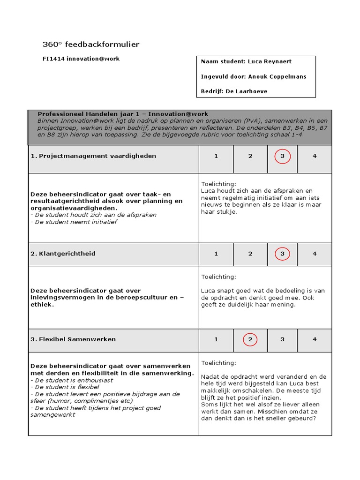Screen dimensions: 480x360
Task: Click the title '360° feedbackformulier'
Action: tap(91, 45)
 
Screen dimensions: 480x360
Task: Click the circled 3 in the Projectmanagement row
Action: tap(282, 156)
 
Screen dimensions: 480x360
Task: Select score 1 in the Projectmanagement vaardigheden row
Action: tap(216, 156)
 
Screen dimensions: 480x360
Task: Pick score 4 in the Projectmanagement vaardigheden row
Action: tap(315, 156)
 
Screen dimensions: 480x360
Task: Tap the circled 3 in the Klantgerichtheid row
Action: tap(282, 254)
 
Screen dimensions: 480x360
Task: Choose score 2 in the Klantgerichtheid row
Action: tap(250, 254)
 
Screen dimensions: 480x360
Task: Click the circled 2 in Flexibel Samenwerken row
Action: tap(250, 339)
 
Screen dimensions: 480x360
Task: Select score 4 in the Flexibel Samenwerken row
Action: tap(315, 339)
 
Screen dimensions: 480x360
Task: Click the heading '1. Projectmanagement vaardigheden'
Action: tap(93, 156)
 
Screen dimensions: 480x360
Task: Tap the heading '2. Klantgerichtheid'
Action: tap(63, 254)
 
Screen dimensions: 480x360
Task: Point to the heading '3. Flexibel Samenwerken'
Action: tap(73, 339)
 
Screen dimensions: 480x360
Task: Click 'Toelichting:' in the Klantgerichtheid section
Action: tap(219, 277)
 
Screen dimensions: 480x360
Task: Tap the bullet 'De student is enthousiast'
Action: tap(72, 380)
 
